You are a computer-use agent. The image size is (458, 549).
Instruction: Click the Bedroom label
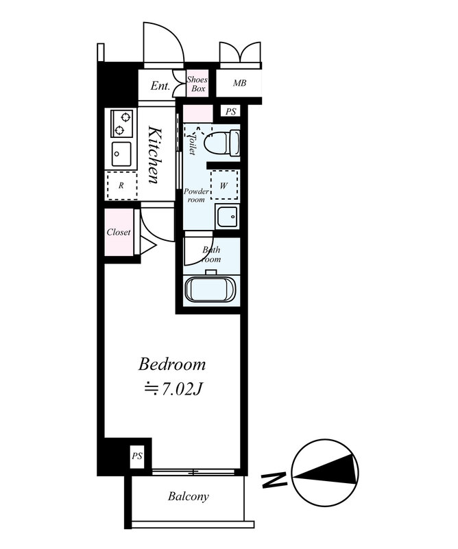click(x=172, y=364)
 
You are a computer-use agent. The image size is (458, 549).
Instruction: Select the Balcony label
click(x=189, y=496)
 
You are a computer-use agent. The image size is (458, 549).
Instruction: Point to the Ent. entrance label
click(x=160, y=86)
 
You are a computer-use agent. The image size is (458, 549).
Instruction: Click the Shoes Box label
click(x=197, y=84)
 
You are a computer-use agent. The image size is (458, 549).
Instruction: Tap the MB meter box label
click(x=240, y=83)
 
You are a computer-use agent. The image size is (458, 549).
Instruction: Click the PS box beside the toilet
click(x=230, y=112)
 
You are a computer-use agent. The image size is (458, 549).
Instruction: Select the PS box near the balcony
click(x=137, y=456)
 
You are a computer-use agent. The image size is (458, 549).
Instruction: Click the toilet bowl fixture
click(x=222, y=143)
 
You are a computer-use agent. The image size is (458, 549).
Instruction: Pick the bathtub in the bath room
click(x=210, y=289)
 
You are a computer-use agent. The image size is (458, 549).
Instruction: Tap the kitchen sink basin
click(x=121, y=154)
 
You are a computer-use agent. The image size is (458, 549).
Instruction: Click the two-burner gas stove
click(x=122, y=124)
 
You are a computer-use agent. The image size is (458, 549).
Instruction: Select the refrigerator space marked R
click(x=121, y=185)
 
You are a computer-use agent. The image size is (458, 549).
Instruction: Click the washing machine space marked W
click(x=224, y=185)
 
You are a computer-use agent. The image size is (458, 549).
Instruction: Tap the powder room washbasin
click(x=227, y=217)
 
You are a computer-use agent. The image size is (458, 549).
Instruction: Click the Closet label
click(x=119, y=232)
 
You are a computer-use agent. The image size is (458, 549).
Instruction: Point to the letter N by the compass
click(x=275, y=480)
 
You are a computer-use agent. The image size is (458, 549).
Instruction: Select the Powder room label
click(x=196, y=196)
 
